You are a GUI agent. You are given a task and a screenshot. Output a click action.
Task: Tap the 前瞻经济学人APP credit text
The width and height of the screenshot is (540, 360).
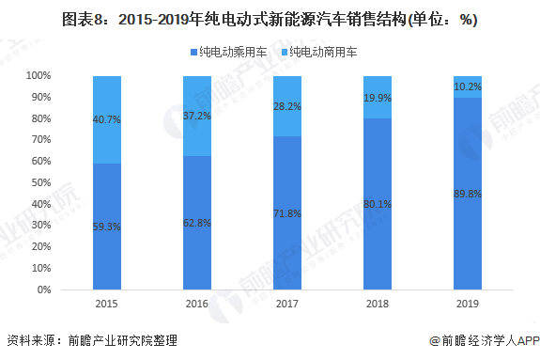(482, 341)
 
